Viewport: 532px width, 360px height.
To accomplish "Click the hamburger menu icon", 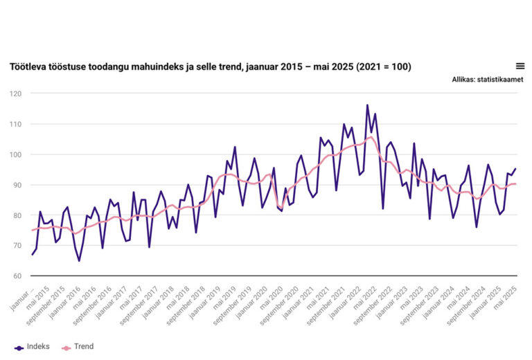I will (520, 66).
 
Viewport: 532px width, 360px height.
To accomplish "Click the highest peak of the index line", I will (367, 105).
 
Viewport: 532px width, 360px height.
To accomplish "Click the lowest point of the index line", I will (79, 261).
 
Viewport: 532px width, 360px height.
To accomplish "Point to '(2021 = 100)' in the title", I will (380, 66).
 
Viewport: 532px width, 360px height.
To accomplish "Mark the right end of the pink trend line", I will (515, 183).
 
